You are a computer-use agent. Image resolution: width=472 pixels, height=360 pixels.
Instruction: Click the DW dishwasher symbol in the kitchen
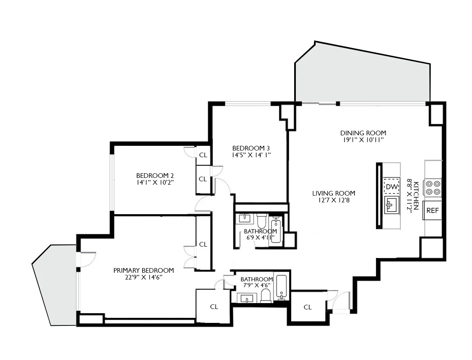(392, 187)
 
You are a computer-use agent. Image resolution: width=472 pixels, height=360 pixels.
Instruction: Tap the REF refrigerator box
(433, 211)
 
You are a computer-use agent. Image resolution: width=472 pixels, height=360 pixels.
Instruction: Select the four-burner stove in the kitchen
(433, 188)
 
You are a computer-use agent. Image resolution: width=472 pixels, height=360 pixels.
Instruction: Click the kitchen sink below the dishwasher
(392, 205)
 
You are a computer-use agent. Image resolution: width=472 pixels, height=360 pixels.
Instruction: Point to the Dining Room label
(363, 133)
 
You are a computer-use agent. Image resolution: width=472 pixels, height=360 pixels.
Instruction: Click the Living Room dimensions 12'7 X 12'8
(331, 201)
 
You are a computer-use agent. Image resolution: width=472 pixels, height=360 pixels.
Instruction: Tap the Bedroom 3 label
(251, 148)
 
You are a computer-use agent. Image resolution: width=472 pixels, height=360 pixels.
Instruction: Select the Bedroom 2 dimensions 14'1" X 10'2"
(155, 183)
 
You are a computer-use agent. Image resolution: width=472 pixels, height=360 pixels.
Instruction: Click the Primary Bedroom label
(143, 271)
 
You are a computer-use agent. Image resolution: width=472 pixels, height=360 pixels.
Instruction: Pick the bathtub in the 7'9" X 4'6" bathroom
(282, 287)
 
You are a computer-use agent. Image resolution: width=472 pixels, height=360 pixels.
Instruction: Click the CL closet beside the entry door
(307, 307)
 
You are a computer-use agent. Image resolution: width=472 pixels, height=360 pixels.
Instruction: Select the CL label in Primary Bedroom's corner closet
(214, 307)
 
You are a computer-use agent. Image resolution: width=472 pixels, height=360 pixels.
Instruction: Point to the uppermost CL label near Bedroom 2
(203, 155)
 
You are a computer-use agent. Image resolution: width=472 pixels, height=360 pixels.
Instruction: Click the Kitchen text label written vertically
(416, 196)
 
